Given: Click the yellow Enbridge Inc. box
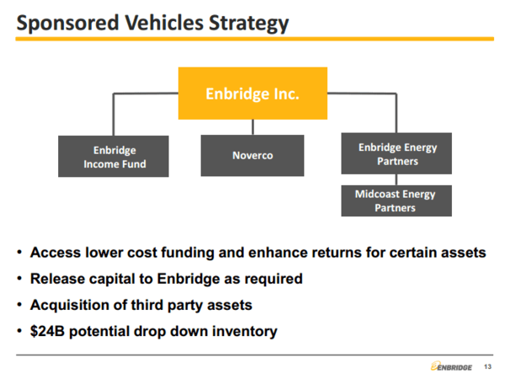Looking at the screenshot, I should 252,92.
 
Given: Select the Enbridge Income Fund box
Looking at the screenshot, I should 114,157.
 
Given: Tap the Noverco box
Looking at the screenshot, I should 252,156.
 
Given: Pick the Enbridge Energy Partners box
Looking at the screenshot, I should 396,155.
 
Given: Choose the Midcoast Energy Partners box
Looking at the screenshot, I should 396,200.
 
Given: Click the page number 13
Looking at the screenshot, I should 487,364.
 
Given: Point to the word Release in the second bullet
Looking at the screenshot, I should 55,278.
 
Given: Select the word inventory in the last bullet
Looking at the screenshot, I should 244,331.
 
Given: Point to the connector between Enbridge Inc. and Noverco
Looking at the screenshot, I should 252,127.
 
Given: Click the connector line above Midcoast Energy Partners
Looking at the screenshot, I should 396,181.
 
